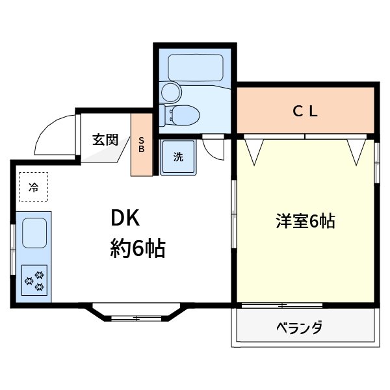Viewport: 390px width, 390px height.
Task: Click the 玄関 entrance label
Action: click(x=104, y=138)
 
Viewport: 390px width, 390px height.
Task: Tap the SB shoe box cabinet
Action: click(x=141, y=146)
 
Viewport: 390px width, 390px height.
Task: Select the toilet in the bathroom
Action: click(x=183, y=116)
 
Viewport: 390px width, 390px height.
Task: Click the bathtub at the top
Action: click(x=196, y=68)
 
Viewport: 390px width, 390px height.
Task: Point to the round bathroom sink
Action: click(x=170, y=91)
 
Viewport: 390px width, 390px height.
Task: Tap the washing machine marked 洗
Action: click(x=177, y=157)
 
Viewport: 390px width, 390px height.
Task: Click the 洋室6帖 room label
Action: click(x=305, y=222)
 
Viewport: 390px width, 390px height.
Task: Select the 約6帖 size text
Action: click(x=136, y=248)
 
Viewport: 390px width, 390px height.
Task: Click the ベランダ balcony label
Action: click(x=299, y=327)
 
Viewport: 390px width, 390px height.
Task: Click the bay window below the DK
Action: click(x=135, y=314)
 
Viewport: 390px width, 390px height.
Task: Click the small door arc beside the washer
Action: click(x=213, y=149)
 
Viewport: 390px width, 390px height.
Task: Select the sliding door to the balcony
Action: click(x=305, y=304)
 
